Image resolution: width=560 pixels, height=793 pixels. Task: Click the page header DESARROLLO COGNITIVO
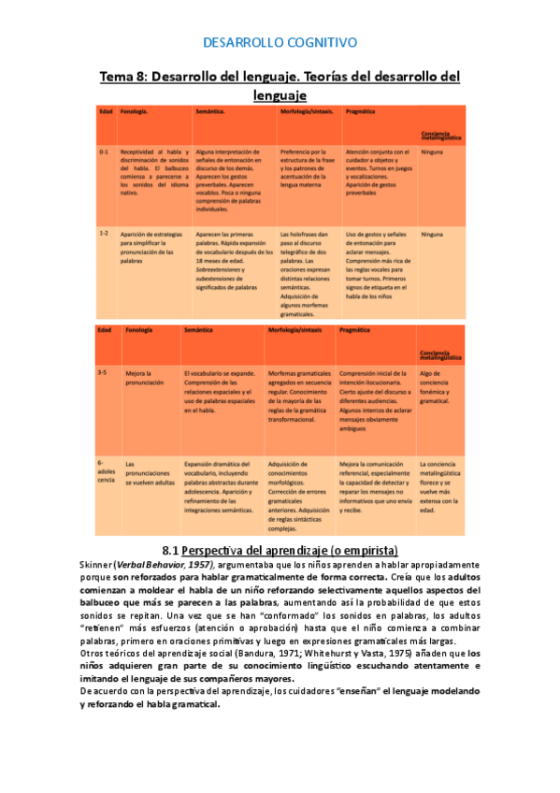(x=280, y=42)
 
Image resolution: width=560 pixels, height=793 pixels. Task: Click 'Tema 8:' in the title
(x=124, y=77)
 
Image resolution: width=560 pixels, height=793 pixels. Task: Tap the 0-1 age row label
(x=104, y=151)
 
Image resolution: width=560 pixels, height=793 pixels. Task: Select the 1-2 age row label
(x=104, y=234)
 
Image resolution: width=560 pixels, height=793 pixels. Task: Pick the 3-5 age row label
(x=102, y=372)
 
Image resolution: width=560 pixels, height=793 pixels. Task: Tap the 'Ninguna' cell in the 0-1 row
(x=432, y=151)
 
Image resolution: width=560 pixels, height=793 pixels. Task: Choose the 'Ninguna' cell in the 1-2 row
(x=432, y=234)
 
